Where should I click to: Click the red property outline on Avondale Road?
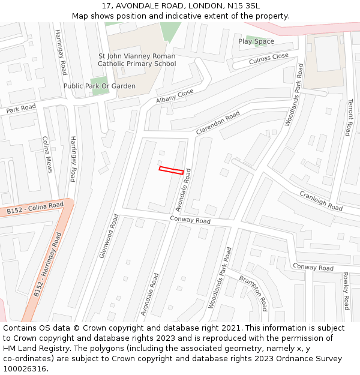click(x=171, y=170)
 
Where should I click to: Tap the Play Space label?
click(x=256, y=41)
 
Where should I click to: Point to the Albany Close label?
click(x=175, y=96)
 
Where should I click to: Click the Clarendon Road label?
click(x=218, y=122)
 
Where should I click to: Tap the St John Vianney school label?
click(x=137, y=59)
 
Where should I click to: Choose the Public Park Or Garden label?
click(x=100, y=86)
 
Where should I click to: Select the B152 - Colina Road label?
click(x=35, y=208)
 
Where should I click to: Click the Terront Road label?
click(x=350, y=118)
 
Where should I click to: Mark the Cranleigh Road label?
click(x=321, y=200)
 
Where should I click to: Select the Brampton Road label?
click(x=253, y=293)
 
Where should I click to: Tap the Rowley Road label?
click(x=346, y=292)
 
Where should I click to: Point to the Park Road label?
click(x=21, y=109)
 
